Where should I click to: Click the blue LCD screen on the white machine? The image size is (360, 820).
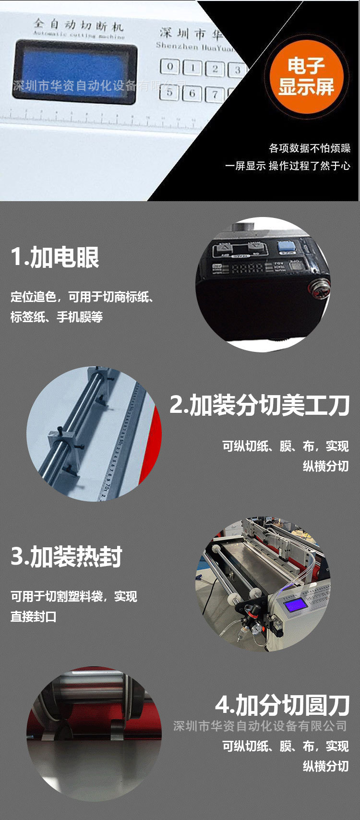[x=74, y=71]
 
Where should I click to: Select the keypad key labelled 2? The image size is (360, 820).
[x=215, y=69]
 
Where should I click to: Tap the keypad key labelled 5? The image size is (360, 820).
[x=169, y=92]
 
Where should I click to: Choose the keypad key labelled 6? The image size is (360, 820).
[x=192, y=93]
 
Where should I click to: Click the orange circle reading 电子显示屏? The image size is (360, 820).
[x=306, y=76]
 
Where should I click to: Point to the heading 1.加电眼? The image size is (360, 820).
[x=55, y=257]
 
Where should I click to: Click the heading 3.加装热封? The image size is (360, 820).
[x=67, y=556]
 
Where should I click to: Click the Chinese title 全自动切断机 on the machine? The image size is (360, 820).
[x=79, y=24]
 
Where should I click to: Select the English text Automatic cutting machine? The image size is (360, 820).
[x=79, y=35]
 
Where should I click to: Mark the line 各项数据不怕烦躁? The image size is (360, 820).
[x=309, y=148]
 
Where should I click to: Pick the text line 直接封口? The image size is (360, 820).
[x=34, y=616]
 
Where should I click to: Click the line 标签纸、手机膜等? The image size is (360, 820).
[x=57, y=317]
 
